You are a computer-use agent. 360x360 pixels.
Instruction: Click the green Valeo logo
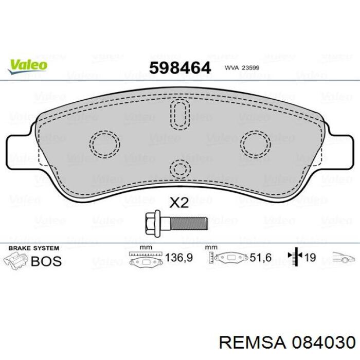(x=28, y=66)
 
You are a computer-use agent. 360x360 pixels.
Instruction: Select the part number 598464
(x=180, y=68)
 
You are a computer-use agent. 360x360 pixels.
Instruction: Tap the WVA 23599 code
(x=242, y=68)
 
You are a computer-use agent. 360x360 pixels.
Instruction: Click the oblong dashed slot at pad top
(x=180, y=114)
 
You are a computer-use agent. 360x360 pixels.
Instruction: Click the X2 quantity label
(x=179, y=203)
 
